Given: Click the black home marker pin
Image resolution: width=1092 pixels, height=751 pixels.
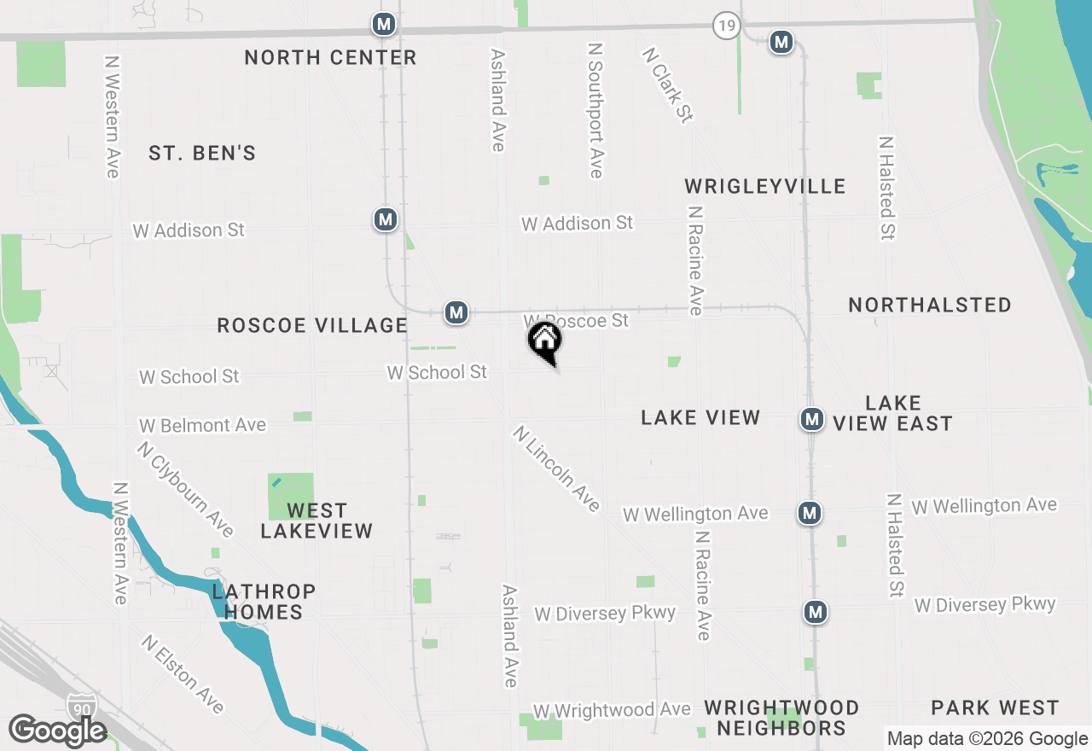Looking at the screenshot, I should tap(545, 341).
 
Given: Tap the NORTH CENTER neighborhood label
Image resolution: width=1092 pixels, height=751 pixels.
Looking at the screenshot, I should tap(330, 57).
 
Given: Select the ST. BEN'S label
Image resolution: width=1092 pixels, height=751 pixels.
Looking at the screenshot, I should tap(202, 154).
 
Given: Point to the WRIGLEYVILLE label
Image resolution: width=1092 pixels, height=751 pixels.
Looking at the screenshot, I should tap(765, 186).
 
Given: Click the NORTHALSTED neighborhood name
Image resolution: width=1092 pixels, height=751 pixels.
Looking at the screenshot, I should tap(930, 305).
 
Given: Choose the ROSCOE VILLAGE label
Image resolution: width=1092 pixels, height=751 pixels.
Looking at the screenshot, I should tap(312, 325).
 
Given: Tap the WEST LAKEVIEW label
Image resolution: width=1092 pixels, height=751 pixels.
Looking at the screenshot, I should tap(317, 521).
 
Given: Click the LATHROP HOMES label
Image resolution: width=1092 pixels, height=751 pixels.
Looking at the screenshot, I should tap(264, 602).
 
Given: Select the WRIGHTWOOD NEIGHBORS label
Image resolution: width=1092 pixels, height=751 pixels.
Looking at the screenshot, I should tap(781, 718).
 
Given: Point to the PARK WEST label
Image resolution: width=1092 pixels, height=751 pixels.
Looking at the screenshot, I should tap(995, 707).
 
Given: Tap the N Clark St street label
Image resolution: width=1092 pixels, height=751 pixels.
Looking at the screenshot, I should tap(667, 84).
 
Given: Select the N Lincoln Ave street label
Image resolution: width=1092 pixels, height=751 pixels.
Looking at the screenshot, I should tap(557, 469).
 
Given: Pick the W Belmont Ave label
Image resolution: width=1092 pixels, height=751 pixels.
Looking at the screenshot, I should tap(202, 425).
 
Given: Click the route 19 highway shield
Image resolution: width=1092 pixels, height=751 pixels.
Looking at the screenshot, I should tap(725, 26).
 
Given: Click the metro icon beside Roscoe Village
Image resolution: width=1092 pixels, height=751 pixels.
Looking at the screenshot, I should tap(456, 312).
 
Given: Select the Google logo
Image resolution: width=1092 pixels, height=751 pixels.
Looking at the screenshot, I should tap(57, 731).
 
